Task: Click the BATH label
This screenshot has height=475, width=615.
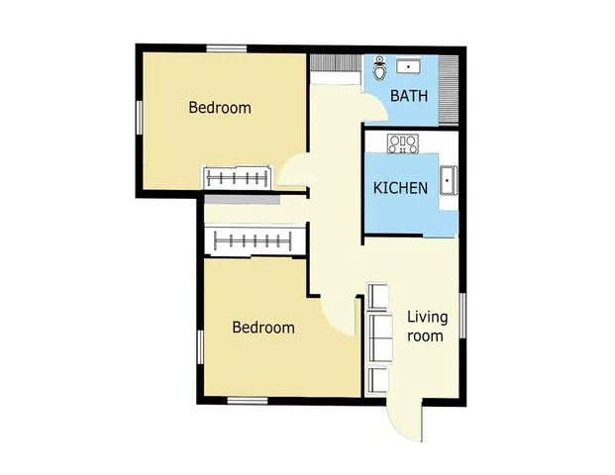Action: (x=408, y=96)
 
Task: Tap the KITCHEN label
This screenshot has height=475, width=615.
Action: (x=400, y=188)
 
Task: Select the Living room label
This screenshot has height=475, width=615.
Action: (x=427, y=326)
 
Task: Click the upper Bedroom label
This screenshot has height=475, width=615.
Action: (x=220, y=108)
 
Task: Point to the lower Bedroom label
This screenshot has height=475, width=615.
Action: (x=263, y=328)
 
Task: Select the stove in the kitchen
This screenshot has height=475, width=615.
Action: (x=403, y=144)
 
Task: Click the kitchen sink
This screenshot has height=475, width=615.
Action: (x=448, y=182)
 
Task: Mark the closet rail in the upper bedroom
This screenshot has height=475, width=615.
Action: (x=237, y=177)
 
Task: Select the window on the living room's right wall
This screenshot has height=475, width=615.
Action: (x=462, y=322)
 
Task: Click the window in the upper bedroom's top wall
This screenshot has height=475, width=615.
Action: (x=227, y=47)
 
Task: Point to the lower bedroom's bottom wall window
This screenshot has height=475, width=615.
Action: (x=248, y=400)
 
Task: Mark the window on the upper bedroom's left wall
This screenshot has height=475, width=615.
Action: (x=139, y=117)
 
